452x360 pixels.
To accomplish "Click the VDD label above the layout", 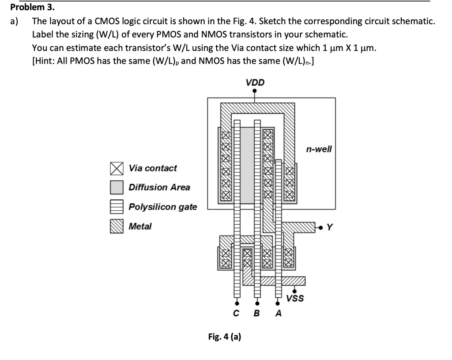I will pos(255,83).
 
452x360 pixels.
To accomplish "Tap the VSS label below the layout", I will pos(295,299).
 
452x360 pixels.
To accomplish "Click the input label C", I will pos(237,314).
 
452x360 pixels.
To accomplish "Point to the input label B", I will pos(257,314).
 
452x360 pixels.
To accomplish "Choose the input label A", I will pos(278,314).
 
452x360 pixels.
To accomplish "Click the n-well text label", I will pos(318,149).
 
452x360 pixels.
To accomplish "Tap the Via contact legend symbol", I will pos(117,168).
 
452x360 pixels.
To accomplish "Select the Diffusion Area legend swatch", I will pos(117,187).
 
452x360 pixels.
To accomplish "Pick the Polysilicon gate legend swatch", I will pos(117,207).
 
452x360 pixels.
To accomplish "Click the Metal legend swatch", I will pos(117,226).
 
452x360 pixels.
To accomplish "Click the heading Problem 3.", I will pos(30,7).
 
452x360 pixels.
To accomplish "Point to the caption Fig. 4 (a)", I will pos(225,337).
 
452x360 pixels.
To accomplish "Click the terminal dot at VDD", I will pos(255,91).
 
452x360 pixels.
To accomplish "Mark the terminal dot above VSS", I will pos(295,291).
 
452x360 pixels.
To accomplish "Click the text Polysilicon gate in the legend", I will pos(163,207).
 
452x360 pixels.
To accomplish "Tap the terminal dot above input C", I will pos(237,304).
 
